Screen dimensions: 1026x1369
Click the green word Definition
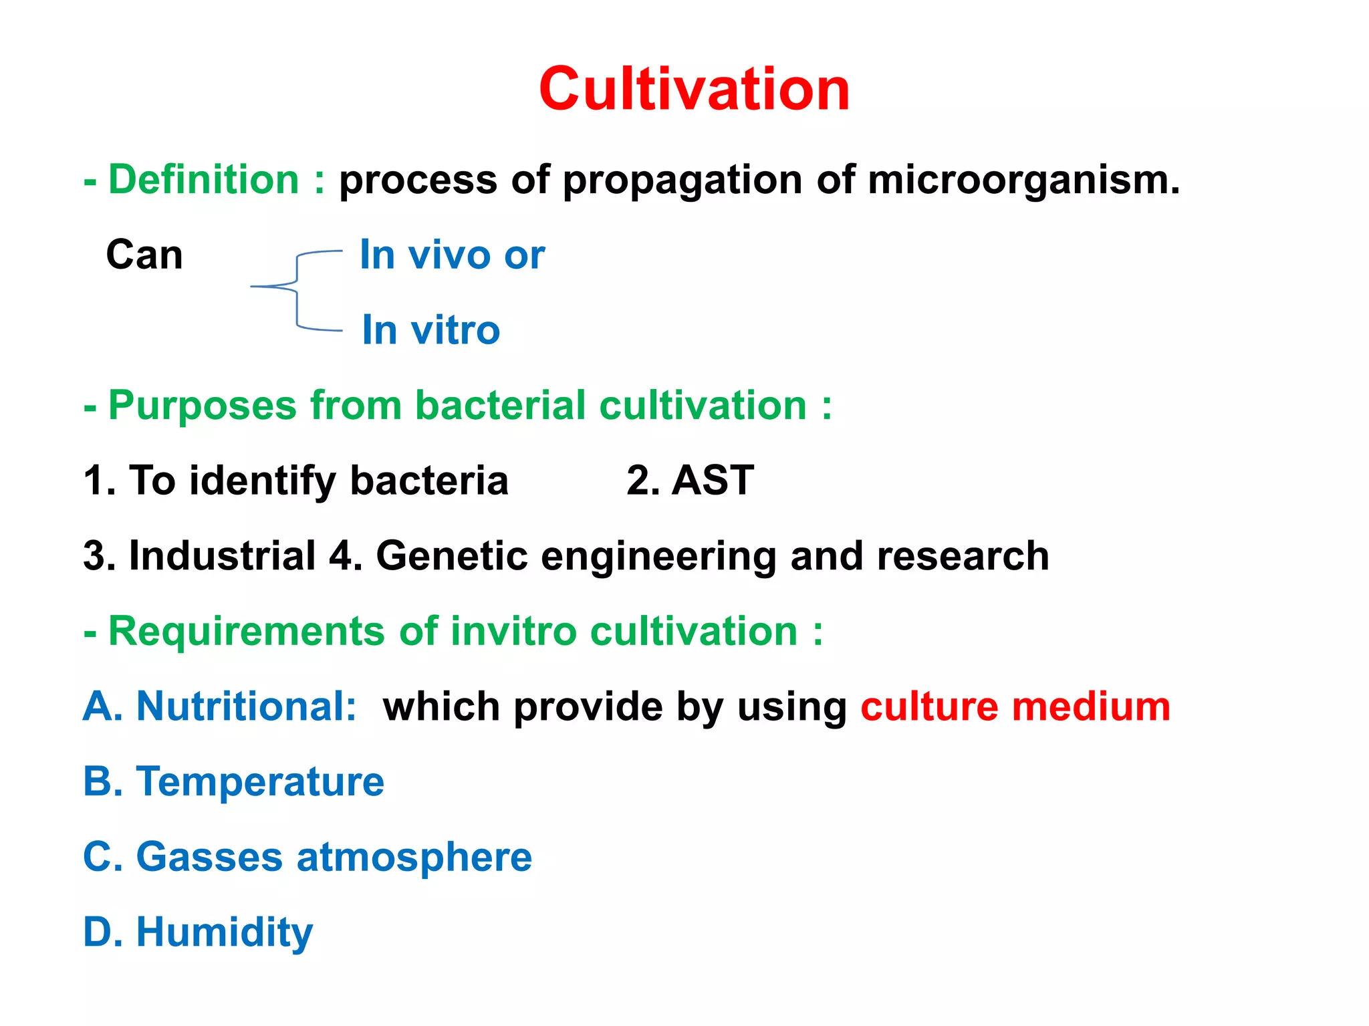tap(204, 180)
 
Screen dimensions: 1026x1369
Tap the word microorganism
tap(1023, 180)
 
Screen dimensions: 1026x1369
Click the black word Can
tap(144, 255)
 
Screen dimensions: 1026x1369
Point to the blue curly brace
tap(297, 289)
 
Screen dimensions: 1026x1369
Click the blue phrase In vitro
tap(430, 330)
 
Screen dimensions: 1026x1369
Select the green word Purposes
tap(203, 406)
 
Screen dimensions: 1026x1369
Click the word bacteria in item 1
tap(429, 481)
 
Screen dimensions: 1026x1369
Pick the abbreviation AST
tap(713, 481)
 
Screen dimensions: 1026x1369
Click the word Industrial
tap(222, 556)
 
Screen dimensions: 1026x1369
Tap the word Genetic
tap(452, 556)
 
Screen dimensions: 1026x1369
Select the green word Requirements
tap(247, 632)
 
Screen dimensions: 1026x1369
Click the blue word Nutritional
tap(245, 707)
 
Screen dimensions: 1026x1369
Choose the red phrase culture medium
tap(1015, 707)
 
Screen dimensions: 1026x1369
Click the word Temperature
tap(260, 782)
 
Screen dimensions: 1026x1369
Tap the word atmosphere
tap(414, 858)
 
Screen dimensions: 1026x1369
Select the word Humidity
tap(225, 933)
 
